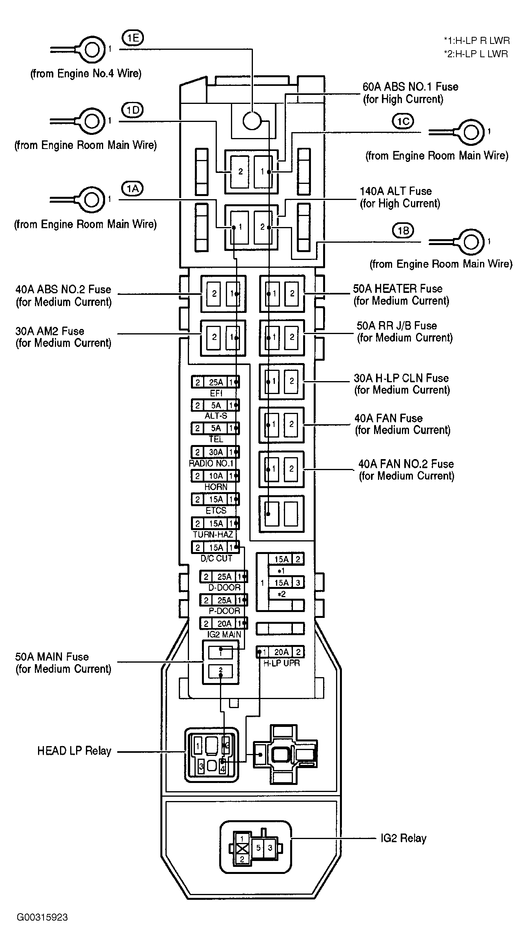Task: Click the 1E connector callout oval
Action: [x=133, y=38]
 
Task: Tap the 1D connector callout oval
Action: [x=133, y=110]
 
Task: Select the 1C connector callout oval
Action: [x=403, y=122]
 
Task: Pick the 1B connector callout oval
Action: [x=403, y=231]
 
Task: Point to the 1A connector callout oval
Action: [x=133, y=189]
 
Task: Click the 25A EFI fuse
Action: [x=215, y=382]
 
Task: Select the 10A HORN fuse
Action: [x=215, y=476]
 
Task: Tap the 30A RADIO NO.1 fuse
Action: [x=215, y=452]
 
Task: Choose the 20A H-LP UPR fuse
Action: [x=280, y=652]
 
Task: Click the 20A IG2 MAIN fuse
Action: [x=224, y=623]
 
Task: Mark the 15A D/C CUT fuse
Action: [x=215, y=547]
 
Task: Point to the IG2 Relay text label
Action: [x=403, y=839]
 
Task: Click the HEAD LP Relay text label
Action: [x=75, y=751]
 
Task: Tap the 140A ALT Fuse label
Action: [x=400, y=197]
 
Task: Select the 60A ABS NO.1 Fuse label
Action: [x=411, y=93]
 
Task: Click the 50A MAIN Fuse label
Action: [x=64, y=663]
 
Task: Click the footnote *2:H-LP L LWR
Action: [x=476, y=54]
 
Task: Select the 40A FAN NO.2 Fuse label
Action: [x=407, y=470]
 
